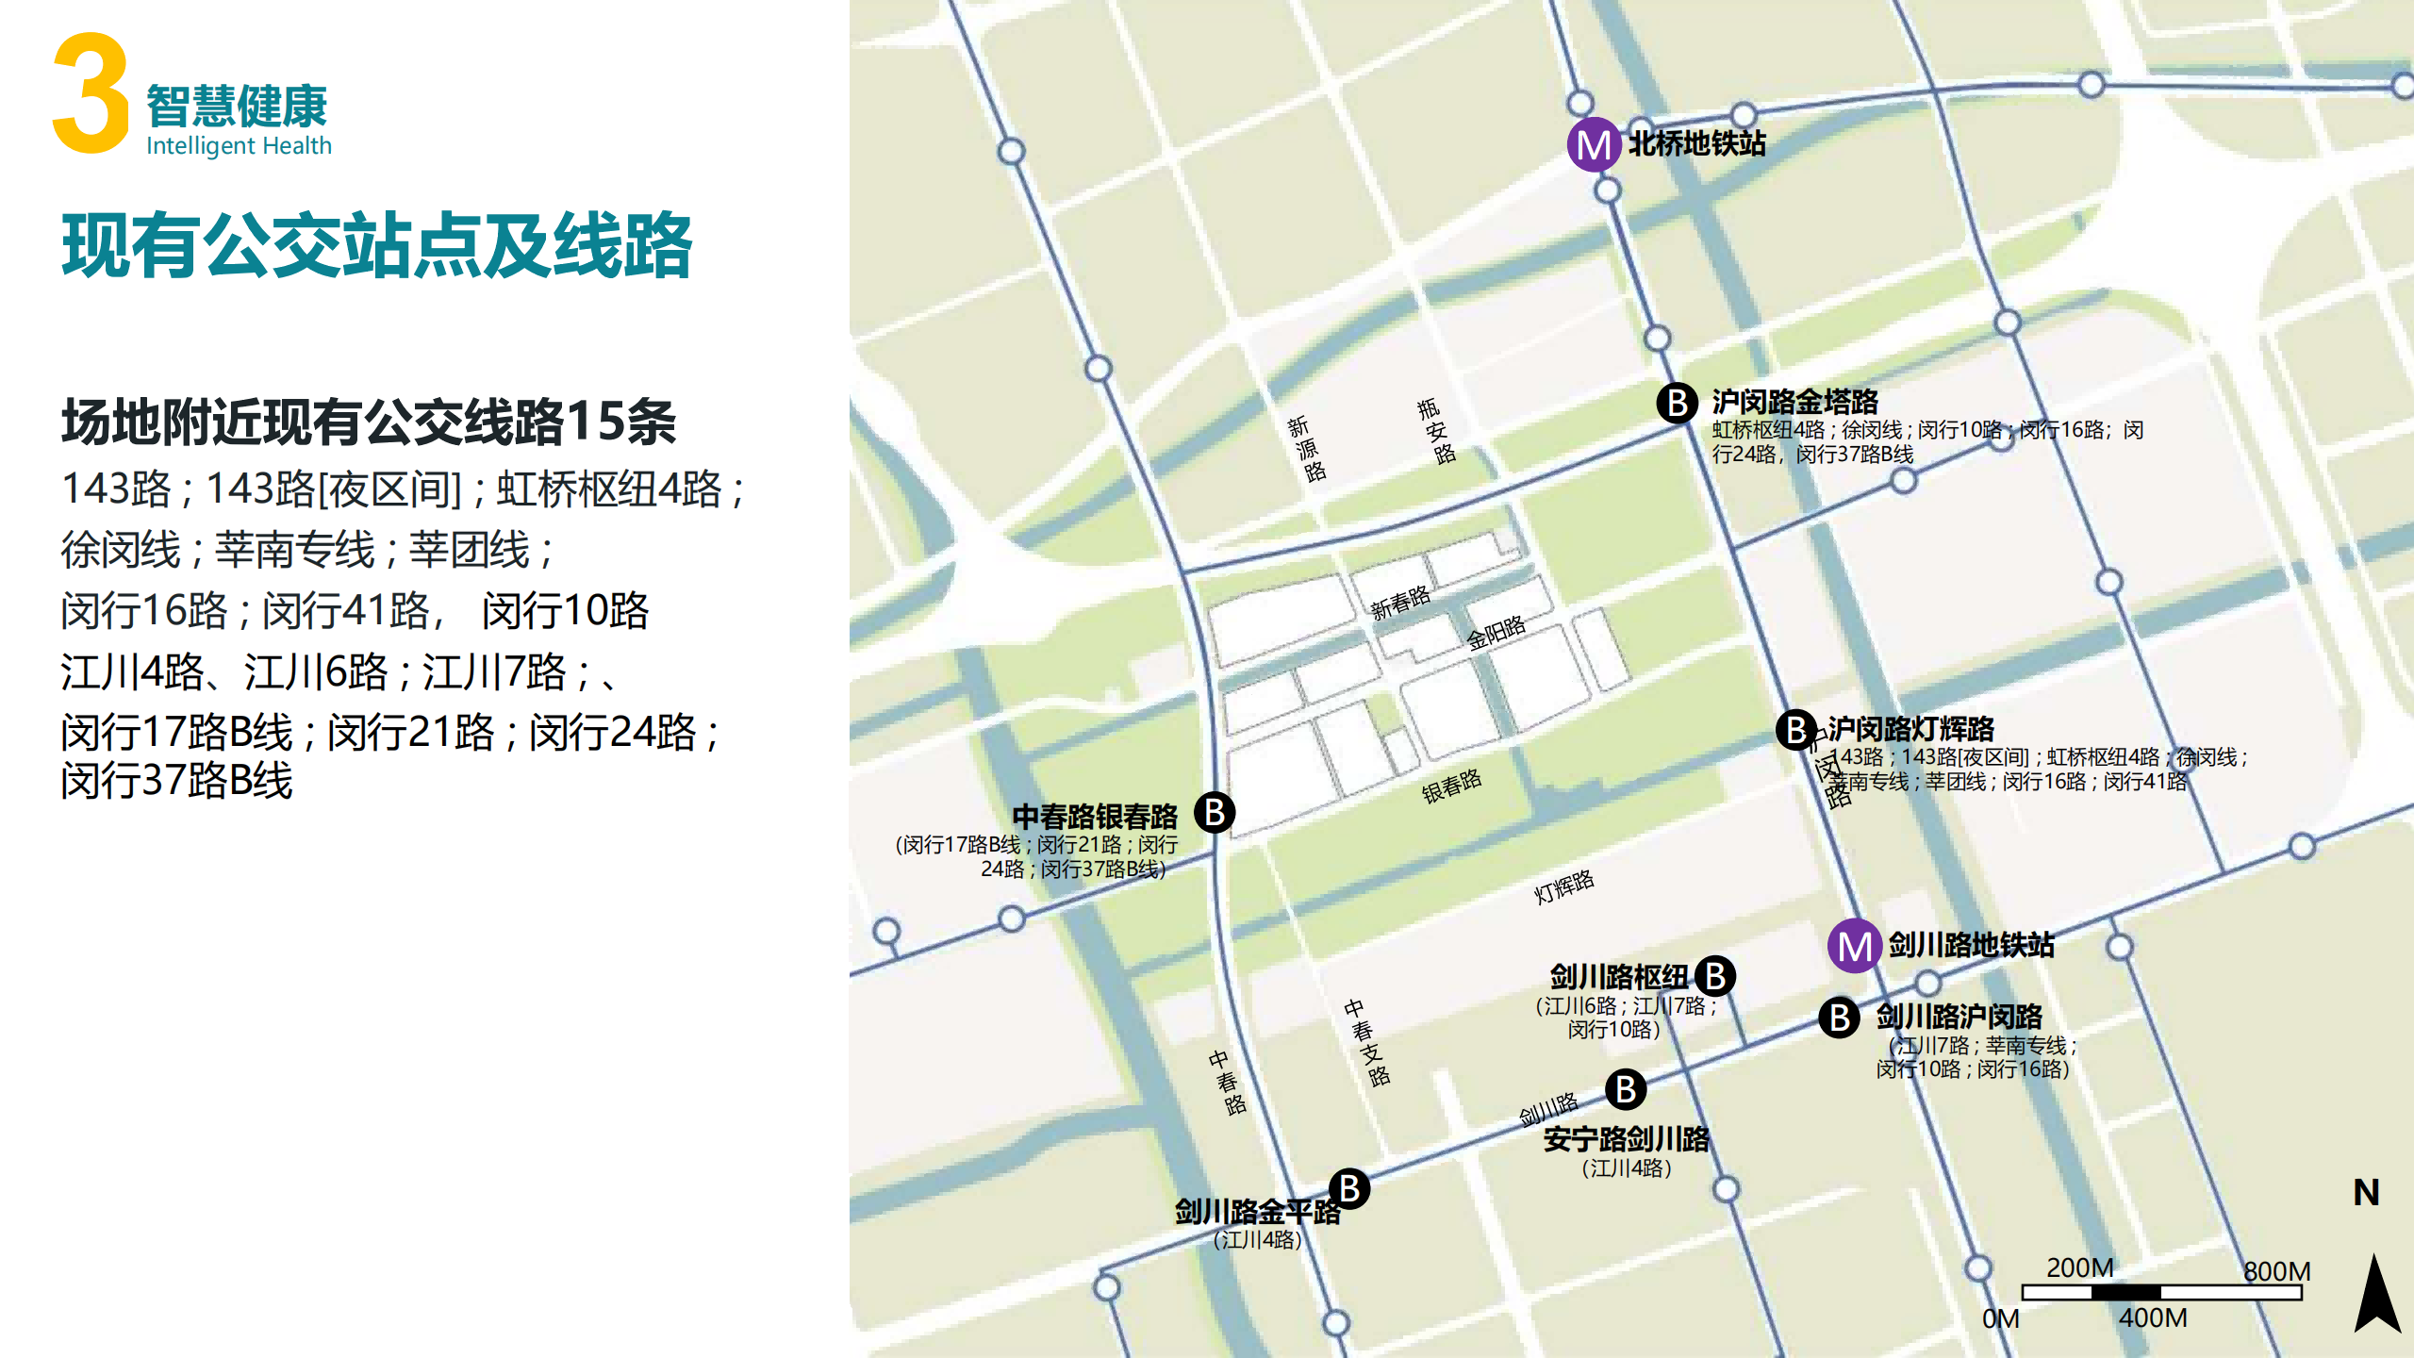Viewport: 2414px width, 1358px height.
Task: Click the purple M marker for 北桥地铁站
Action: (x=1594, y=144)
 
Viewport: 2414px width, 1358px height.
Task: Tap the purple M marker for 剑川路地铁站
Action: (x=1855, y=946)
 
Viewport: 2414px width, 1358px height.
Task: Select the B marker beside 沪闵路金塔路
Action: (x=1678, y=403)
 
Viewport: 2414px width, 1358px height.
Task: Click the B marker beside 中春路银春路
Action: (x=1215, y=812)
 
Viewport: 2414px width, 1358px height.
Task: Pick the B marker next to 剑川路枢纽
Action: (x=1715, y=976)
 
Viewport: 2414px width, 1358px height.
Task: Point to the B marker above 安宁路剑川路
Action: (x=1626, y=1089)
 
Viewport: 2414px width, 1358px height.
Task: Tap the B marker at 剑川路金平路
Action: (x=1349, y=1189)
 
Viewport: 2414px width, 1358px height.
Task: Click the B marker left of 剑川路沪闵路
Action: (x=1839, y=1018)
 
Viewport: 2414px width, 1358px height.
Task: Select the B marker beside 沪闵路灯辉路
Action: (x=1796, y=729)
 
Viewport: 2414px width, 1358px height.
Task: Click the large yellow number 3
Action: (x=91, y=93)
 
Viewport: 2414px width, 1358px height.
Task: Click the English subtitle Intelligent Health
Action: (x=239, y=146)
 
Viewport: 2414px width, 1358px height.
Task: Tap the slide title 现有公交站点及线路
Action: (x=377, y=245)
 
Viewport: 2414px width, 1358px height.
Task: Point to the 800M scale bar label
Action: (x=2276, y=1271)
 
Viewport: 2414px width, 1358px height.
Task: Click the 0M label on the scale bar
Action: (x=2000, y=1318)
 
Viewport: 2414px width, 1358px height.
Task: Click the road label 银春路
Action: (x=1451, y=786)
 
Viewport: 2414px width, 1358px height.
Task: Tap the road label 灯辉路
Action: (x=1563, y=886)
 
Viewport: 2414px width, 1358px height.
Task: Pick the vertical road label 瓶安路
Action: (x=1436, y=431)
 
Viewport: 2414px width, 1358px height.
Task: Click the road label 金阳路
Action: (x=1496, y=633)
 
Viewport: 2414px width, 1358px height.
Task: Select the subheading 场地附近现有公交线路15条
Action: (x=369, y=421)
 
